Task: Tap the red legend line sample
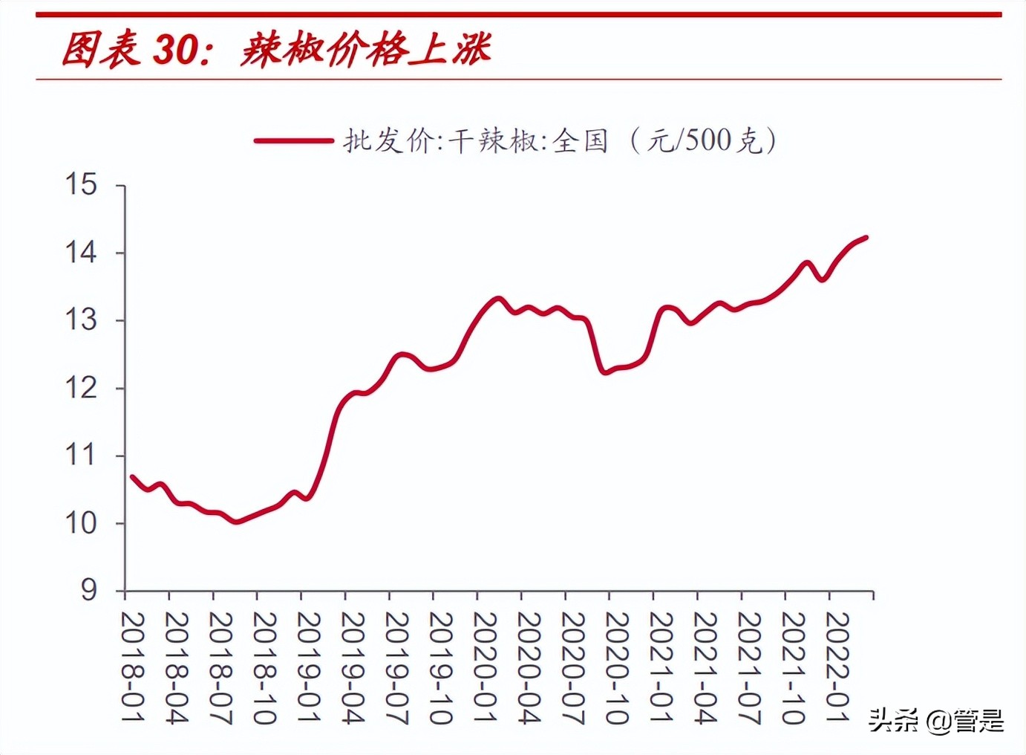pyautogui.click(x=293, y=140)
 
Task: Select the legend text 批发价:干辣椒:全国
pyautogui.click(x=475, y=140)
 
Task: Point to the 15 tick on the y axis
pyautogui.click(x=81, y=184)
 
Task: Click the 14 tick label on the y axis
pyautogui.click(x=81, y=253)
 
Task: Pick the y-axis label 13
pyautogui.click(x=81, y=320)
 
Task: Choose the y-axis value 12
pyautogui.click(x=81, y=388)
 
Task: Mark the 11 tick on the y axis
pyautogui.click(x=81, y=456)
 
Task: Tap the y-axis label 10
pyautogui.click(x=81, y=523)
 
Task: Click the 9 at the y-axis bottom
pyautogui.click(x=88, y=591)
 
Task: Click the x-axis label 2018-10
pyautogui.click(x=264, y=667)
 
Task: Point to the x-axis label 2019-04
pyautogui.click(x=352, y=667)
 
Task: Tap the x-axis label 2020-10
pyautogui.click(x=616, y=667)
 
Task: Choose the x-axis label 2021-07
pyautogui.click(x=748, y=667)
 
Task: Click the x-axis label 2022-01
pyautogui.click(x=837, y=667)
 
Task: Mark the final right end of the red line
pyautogui.click(x=866, y=238)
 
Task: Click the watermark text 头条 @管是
pyautogui.click(x=936, y=720)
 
